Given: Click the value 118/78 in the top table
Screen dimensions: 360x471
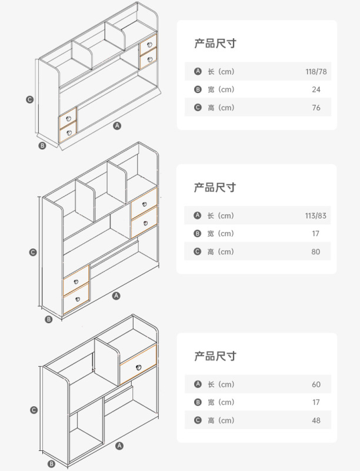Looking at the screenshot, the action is (316, 72).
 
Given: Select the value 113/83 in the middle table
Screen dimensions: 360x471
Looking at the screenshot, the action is (316, 215).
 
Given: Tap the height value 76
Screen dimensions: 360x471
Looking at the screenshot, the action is (316, 108).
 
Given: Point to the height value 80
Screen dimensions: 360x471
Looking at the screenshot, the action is (316, 251).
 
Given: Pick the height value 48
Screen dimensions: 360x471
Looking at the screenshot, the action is (316, 420).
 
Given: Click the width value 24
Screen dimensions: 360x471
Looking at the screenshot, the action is (316, 89).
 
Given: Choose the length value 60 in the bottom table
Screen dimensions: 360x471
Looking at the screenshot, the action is (316, 384).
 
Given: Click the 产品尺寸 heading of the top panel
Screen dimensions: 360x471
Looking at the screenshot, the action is (215, 44).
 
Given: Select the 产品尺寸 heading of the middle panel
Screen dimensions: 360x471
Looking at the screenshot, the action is (215, 187).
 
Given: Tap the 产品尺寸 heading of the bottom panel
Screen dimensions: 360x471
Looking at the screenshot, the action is (215, 356).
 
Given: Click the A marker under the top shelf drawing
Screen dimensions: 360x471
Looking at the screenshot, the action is (117, 125).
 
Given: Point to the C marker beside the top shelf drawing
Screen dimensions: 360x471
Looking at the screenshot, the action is (29, 99).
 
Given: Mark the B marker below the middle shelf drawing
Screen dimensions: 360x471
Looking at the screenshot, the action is (49, 319).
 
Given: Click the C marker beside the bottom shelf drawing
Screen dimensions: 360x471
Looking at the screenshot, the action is (34, 410).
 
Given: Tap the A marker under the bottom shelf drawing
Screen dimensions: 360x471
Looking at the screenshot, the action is (119, 446).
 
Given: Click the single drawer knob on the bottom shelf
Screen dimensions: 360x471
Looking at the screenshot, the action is (139, 367).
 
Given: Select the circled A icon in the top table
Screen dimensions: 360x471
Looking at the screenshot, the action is (198, 72).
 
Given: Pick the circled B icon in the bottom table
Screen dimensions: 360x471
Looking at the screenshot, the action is (198, 402).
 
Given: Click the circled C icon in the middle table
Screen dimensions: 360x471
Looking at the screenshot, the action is (198, 251).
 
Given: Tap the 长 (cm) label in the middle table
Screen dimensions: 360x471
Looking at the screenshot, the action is (221, 215).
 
